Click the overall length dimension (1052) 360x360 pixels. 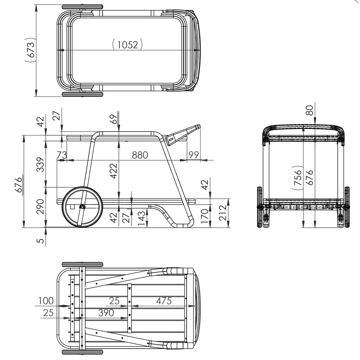point(128,44)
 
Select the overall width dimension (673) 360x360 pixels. point(30,50)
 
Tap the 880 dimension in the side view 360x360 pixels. point(140,155)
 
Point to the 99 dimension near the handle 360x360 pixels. point(194,155)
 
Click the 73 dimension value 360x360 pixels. point(62,155)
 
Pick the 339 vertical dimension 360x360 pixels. point(40,165)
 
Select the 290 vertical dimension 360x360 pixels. point(40,206)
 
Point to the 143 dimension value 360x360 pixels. point(141,218)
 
